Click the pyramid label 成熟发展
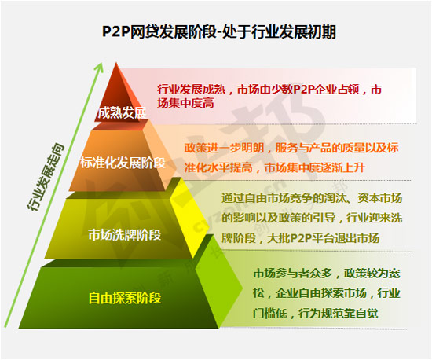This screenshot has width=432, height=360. tap(122, 112)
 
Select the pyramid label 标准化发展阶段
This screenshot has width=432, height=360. tap(123, 163)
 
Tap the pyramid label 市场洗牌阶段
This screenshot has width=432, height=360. tap(125, 235)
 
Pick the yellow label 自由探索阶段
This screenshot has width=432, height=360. tap(125, 298)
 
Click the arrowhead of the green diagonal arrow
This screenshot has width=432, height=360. tap(100, 67)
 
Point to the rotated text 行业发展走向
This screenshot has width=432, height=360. tap(45, 177)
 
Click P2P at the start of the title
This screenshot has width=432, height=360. tap(115, 31)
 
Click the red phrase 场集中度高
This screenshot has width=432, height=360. tap(185, 103)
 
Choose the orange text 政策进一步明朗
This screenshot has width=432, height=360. tap(225, 148)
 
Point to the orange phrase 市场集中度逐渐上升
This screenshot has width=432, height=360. tap(315, 167)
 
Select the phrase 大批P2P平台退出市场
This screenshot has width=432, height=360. tap(323, 238)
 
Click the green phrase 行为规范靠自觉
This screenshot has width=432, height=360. tap(338, 314)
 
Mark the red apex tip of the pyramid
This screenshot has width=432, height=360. tap(116, 63)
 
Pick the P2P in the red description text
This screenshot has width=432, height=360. tap(304, 90)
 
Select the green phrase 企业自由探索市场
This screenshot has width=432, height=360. tap(321, 293)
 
